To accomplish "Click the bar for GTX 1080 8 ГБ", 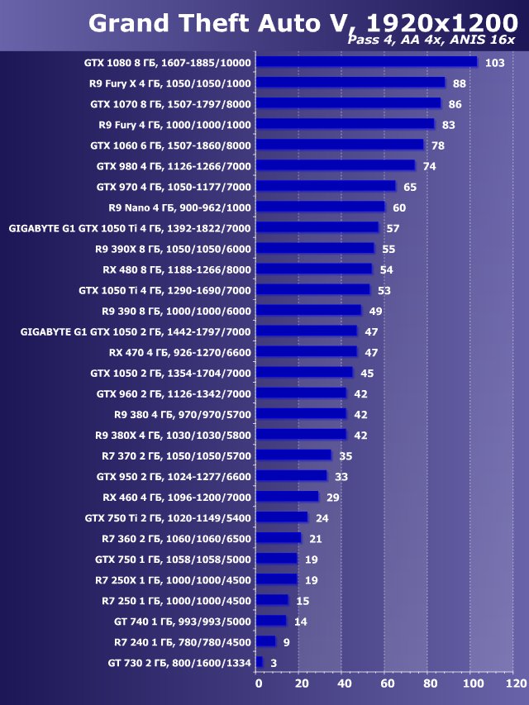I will [367, 62].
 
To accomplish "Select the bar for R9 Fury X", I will [350, 83].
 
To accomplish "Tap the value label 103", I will [495, 63].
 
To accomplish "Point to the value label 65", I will [410, 187].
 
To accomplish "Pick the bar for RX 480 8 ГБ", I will [314, 269].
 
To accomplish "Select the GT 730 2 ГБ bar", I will [260, 662].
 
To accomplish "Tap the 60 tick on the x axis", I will [387, 684].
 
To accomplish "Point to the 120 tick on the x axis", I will [516, 684].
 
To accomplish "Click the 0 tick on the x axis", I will [258, 684].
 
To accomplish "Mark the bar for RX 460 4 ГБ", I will [288, 497].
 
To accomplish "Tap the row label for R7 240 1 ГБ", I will [183, 641].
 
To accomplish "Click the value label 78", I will [438, 145].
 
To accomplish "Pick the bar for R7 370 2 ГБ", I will [293, 455].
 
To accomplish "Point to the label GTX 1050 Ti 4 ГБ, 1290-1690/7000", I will [164, 290].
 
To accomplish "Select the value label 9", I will [286, 642].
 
